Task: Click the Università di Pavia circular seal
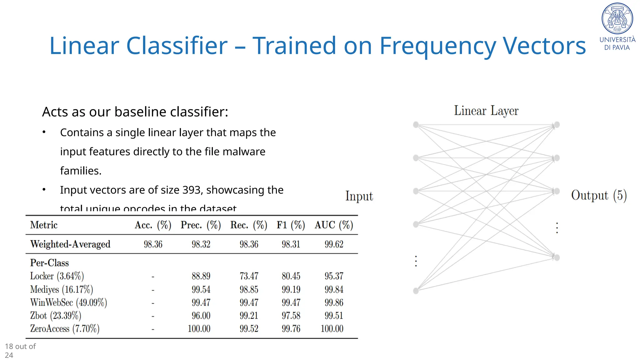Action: [617, 18]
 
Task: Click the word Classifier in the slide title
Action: [177, 46]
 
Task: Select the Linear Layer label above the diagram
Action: [486, 111]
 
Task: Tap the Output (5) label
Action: [599, 195]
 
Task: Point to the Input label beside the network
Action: [359, 196]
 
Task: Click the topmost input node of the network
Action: [416, 125]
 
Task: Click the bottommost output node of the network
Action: [557, 257]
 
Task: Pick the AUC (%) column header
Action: [334, 225]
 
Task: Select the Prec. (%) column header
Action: [201, 225]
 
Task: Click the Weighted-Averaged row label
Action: [70, 244]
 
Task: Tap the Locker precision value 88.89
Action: [201, 276]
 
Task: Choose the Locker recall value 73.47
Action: [249, 276]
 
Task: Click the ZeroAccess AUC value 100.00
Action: [332, 329]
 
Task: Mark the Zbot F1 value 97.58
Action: [291, 316]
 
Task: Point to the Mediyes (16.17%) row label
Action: [62, 290]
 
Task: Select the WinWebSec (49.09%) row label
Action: [68, 303]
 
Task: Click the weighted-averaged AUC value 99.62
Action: [334, 244]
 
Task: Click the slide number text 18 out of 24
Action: [20, 351]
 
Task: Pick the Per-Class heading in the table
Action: [49, 263]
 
